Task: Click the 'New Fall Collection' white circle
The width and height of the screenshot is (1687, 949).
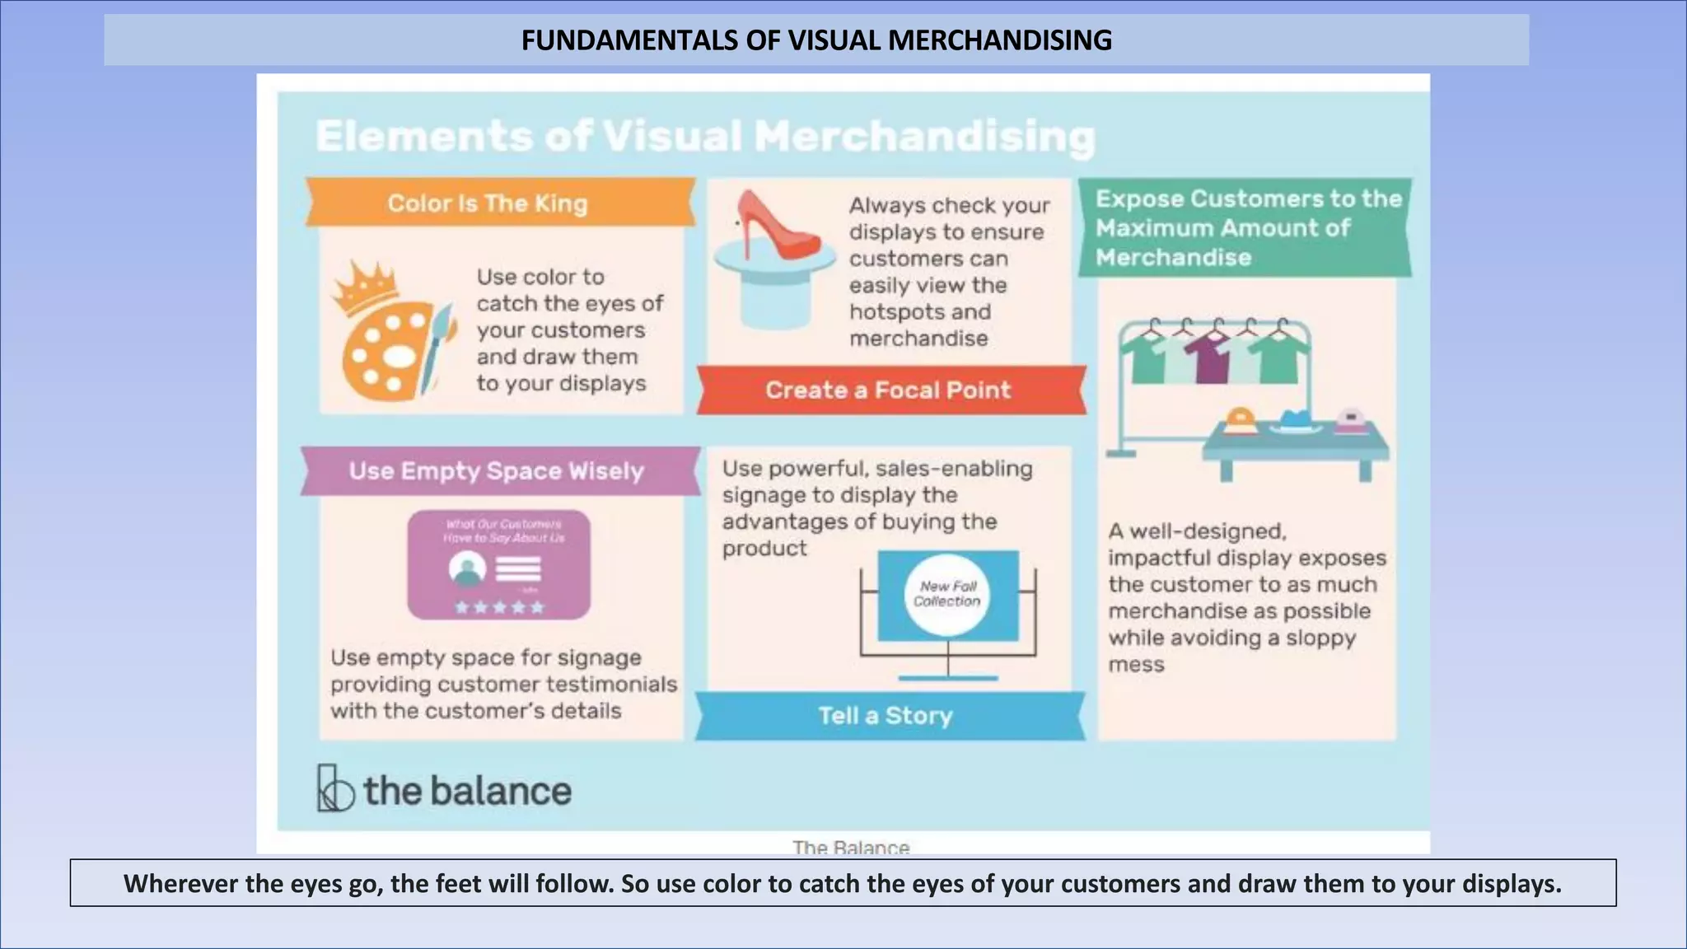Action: (x=947, y=594)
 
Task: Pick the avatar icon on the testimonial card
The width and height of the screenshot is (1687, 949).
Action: (x=467, y=569)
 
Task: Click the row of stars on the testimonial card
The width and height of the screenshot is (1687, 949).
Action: (x=499, y=608)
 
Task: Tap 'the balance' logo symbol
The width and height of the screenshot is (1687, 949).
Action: (x=334, y=789)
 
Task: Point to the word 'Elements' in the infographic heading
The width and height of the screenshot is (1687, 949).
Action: (x=424, y=137)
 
